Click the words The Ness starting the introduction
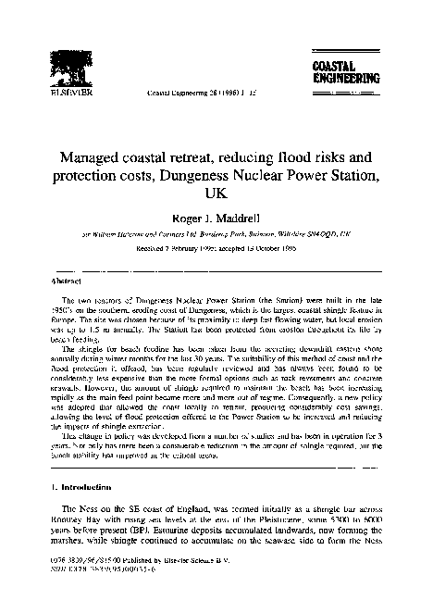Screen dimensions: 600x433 (x=77, y=510)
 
